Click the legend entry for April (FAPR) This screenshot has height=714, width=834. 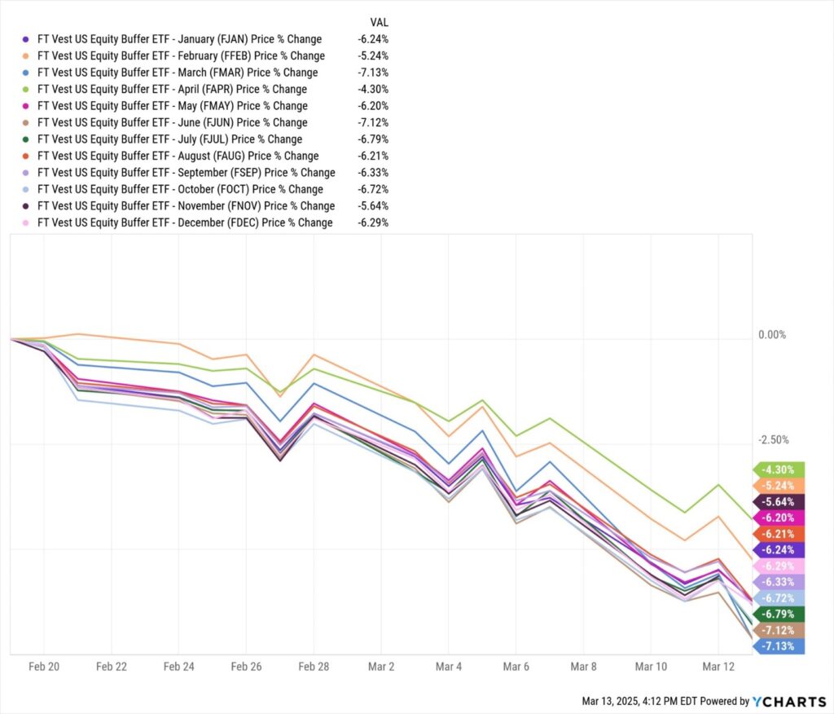point(172,89)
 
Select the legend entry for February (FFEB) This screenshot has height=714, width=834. point(181,56)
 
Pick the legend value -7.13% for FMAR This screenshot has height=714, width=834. point(372,73)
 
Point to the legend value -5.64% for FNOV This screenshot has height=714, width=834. point(372,205)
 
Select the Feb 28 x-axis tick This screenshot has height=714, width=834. point(314,667)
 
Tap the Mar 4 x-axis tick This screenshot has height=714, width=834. point(448,667)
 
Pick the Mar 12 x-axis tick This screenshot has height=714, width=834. point(718,667)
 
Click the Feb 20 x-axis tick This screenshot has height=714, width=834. point(44,667)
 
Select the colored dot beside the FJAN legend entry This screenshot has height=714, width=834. point(26,39)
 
